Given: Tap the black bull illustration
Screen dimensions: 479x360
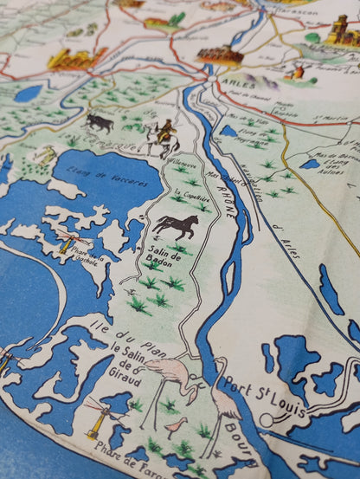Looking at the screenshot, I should pyautogui.click(x=100, y=122).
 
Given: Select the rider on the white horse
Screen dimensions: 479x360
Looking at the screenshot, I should pyautogui.click(x=163, y=136).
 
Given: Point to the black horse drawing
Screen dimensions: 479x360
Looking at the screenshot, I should pyautogui.click(x=177, y=227).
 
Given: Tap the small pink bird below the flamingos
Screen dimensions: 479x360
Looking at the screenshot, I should pyautogui.click(x=177, y=424).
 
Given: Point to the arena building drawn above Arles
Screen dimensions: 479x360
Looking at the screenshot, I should pyautogui.click(x=219, y=55).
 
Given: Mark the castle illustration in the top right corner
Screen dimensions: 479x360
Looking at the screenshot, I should pyautogui.click(x=340, y=31).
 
